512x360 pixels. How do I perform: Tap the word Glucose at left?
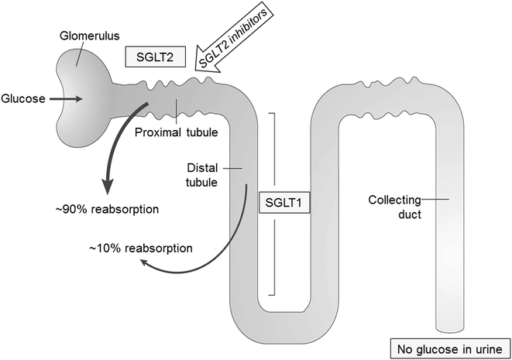(23, 98)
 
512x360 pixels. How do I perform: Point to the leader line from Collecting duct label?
(432, 200)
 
